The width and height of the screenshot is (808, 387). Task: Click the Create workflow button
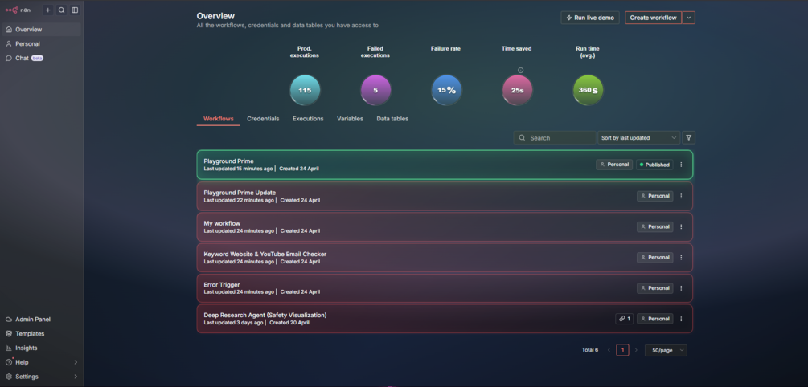tap(653, 18)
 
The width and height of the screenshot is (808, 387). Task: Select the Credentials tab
tap(263, 119)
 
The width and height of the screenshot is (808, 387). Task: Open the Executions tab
tap(308, 119)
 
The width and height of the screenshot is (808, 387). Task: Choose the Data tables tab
tap(392, 119)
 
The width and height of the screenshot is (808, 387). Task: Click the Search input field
tap(555, 138)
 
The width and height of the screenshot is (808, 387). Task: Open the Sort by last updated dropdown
tap(639, 138)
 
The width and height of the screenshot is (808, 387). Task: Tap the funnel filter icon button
tap(688, 138)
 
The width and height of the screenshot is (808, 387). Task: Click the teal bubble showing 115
tap(305, 90)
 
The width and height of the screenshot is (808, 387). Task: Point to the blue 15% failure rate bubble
tap(446, 90)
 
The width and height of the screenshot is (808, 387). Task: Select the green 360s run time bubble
tap(588, 90)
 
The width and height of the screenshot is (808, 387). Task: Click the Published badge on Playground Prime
tap(654, 165)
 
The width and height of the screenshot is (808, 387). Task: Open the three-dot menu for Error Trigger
tap(681, 288)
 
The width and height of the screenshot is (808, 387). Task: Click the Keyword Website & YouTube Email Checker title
tap(265, 255)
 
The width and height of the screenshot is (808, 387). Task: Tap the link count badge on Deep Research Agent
tap(624, 319)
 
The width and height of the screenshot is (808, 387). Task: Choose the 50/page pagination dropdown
tap(666, 350)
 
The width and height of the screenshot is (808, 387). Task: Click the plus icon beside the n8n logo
tap(48, 10)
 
